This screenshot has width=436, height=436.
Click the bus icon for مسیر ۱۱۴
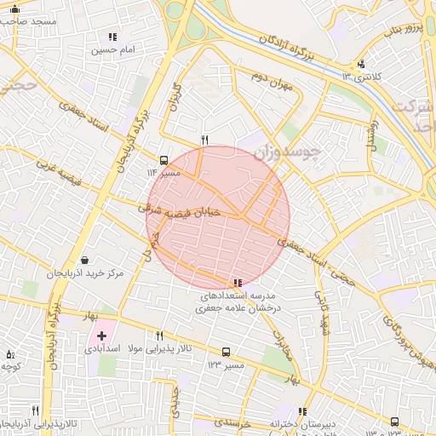pyautogui.click(x=163, y=159)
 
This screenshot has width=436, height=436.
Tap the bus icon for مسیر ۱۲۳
pyautogui.click(x=226, y=352)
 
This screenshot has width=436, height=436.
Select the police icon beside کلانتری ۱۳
pyautogui.click(x=361, y=64)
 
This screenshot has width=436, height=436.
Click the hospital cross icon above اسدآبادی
pyautogui.click(x=102, y=336)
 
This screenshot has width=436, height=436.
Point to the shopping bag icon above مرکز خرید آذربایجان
pyautogui.click(x=84, y=260)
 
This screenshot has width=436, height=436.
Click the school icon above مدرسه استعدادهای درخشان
pyautogui.click(x=237, y=282)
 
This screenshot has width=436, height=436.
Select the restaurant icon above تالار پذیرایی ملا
pyautogui.click(x=159, y=336)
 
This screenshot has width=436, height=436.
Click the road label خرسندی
pyautogui.click(x=230, y=422)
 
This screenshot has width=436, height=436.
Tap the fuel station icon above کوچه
pyautogui.click(x=10, y=353)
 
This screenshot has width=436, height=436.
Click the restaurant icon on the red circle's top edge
pyautogui.click(x=204, y=139)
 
